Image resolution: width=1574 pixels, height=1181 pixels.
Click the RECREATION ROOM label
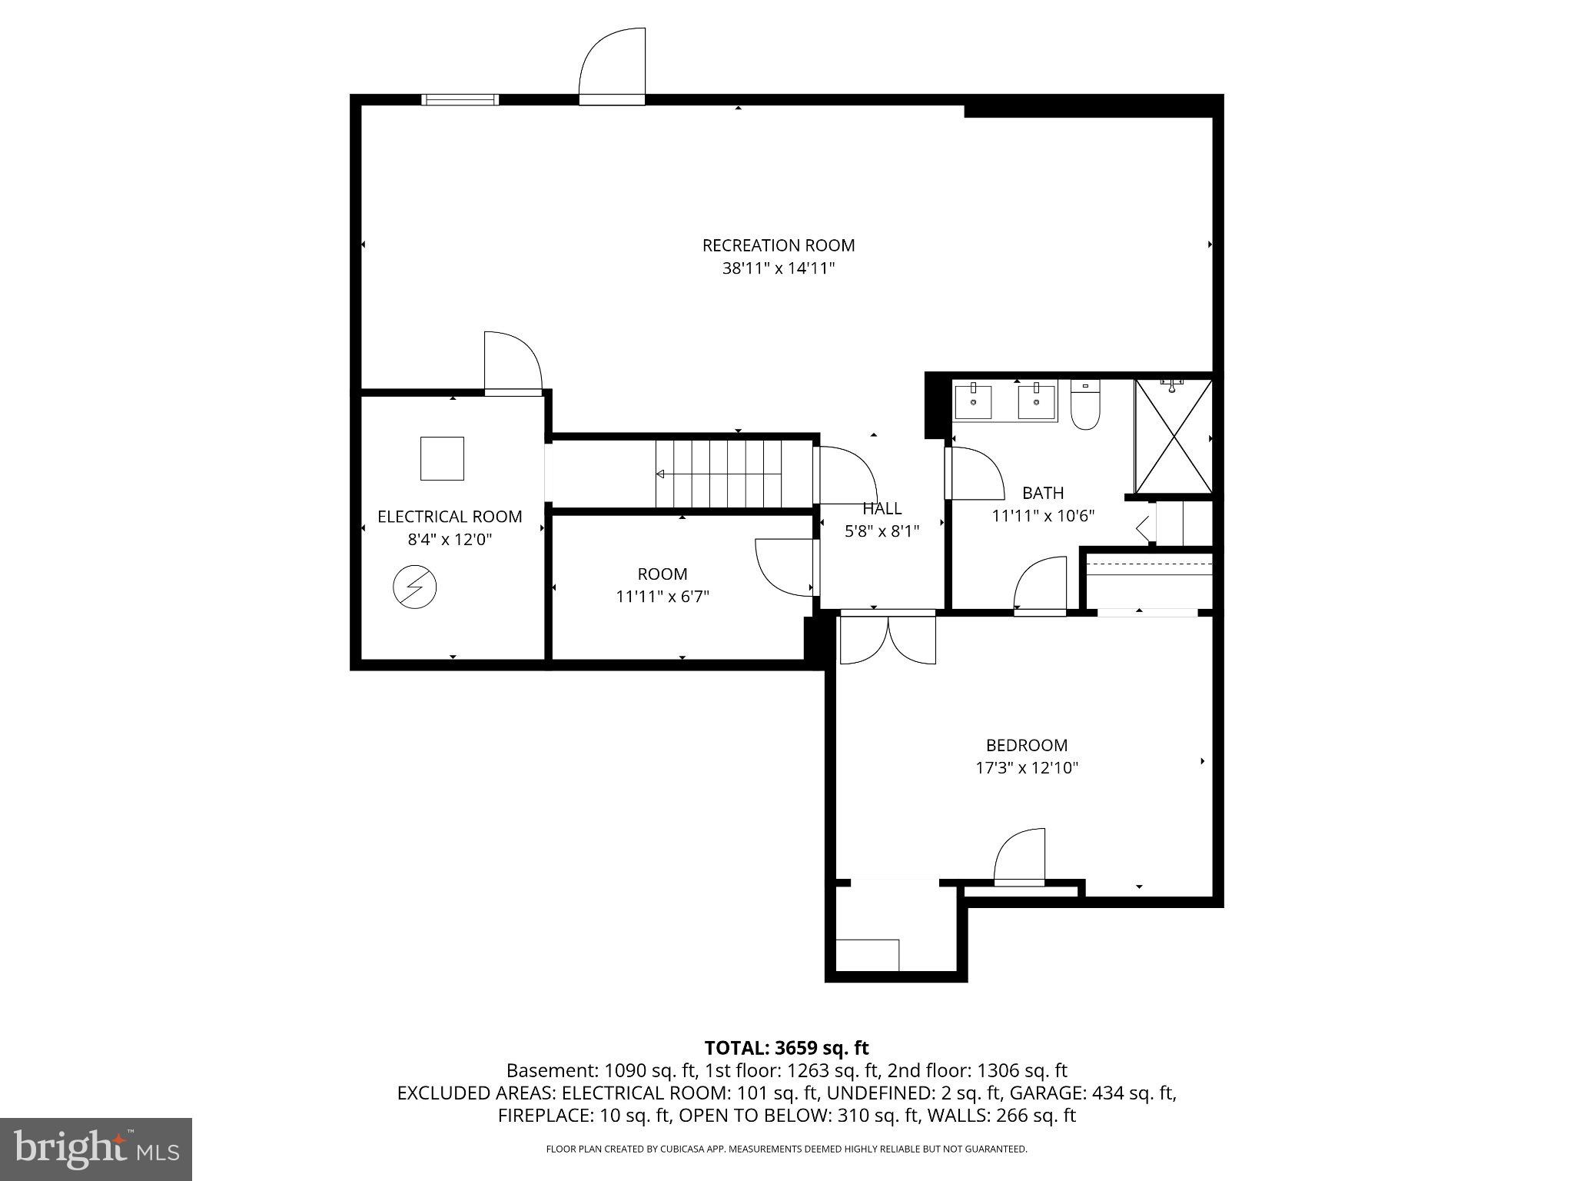(778, 245)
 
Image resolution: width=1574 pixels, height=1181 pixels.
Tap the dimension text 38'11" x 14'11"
(778, 268)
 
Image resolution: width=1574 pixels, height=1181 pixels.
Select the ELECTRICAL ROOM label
(450, 517)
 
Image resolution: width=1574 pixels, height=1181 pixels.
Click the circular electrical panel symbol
(414, 587)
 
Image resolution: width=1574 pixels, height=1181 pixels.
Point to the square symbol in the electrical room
(442, 458)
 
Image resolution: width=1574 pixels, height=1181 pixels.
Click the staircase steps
(719, 474)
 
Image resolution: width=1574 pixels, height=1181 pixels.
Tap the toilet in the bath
(1085, 408)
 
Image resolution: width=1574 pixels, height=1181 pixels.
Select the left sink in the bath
(973, 401)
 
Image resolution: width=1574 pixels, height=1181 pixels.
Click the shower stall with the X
(1174, 436)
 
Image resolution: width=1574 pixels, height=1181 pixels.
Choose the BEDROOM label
(1027, 745)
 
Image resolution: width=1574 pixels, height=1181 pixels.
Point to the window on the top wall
(460, 99)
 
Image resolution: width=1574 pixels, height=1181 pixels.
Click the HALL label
(882, 508)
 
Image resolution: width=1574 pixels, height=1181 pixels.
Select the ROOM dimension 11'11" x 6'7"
(662, 597)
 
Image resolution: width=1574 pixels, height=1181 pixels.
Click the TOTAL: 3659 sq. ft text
(786, 1048)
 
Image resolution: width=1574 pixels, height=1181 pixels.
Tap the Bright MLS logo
(96, 1148)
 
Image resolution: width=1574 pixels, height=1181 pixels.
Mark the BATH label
(1043, 493)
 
